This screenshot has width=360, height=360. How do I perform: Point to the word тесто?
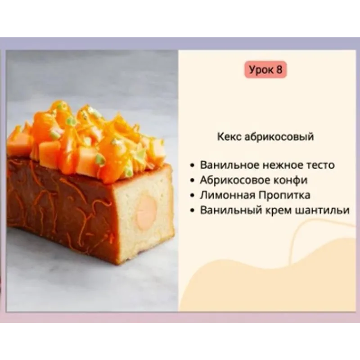click(319, 165)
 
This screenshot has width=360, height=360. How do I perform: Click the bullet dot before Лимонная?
click(193, 196)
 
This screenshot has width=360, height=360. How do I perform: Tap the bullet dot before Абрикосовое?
click(193, 180)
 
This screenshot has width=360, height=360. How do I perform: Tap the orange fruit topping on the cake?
click(90, 139)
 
